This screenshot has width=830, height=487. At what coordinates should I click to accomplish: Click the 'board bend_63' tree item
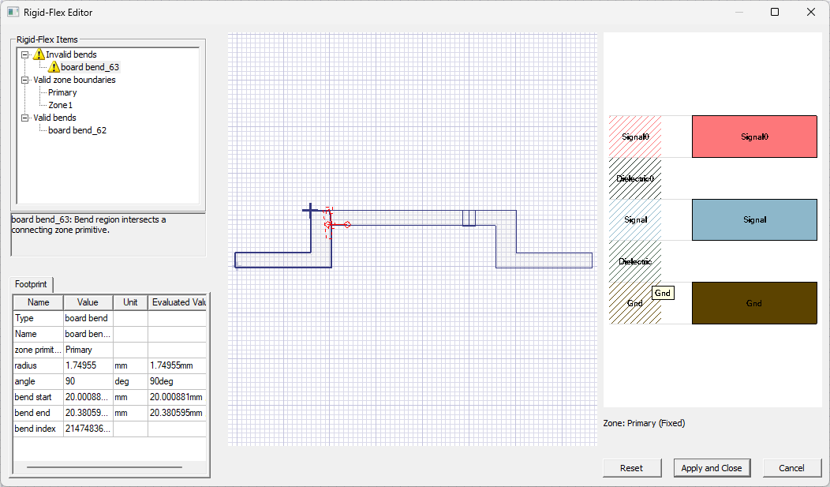(x=90, y=67)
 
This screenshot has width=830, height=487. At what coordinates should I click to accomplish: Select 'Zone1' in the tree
(x=60, y=105)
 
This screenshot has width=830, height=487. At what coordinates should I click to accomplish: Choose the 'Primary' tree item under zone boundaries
(x=62, y=92)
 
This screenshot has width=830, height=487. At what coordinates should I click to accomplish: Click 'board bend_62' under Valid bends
(x=77, y=130)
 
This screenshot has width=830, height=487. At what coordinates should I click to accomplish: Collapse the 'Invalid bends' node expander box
(x=25, y=54)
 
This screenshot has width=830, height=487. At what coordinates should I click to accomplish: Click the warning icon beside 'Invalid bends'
(x=39, y=54)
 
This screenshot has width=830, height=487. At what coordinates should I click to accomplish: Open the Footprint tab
(x=31, y=283)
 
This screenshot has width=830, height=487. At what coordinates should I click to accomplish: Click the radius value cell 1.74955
(x=88, y=365)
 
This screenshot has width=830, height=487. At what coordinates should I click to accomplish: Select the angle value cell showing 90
(x=88, y=381)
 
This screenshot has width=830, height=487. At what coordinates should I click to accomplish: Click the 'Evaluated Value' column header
(x=178, y=302)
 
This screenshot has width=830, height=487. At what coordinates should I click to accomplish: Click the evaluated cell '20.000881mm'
(x=177, y=397)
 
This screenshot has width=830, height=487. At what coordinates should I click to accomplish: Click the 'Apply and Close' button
(x=711, y=468)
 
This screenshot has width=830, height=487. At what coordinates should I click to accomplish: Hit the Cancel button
(x=791, y=468)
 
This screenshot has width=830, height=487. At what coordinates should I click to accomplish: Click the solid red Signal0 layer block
(x=754, y=137)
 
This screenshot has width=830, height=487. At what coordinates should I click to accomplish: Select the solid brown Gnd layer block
(x=754, y=303)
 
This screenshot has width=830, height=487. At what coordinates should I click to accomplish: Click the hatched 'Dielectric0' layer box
(x=635, y=178)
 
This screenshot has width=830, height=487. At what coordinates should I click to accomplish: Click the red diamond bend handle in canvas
(x=347, y=225)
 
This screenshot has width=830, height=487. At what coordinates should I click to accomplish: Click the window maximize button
(x=775, y=12)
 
